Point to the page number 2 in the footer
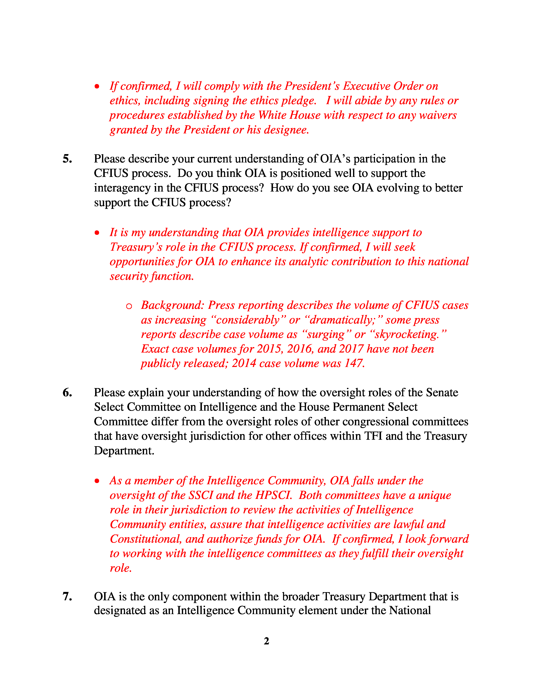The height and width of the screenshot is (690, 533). coord(266,641)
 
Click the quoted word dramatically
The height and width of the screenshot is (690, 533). coord(342,320)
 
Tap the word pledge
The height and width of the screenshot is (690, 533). coord(299,100)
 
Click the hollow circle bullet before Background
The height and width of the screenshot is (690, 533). coord(129,306)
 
